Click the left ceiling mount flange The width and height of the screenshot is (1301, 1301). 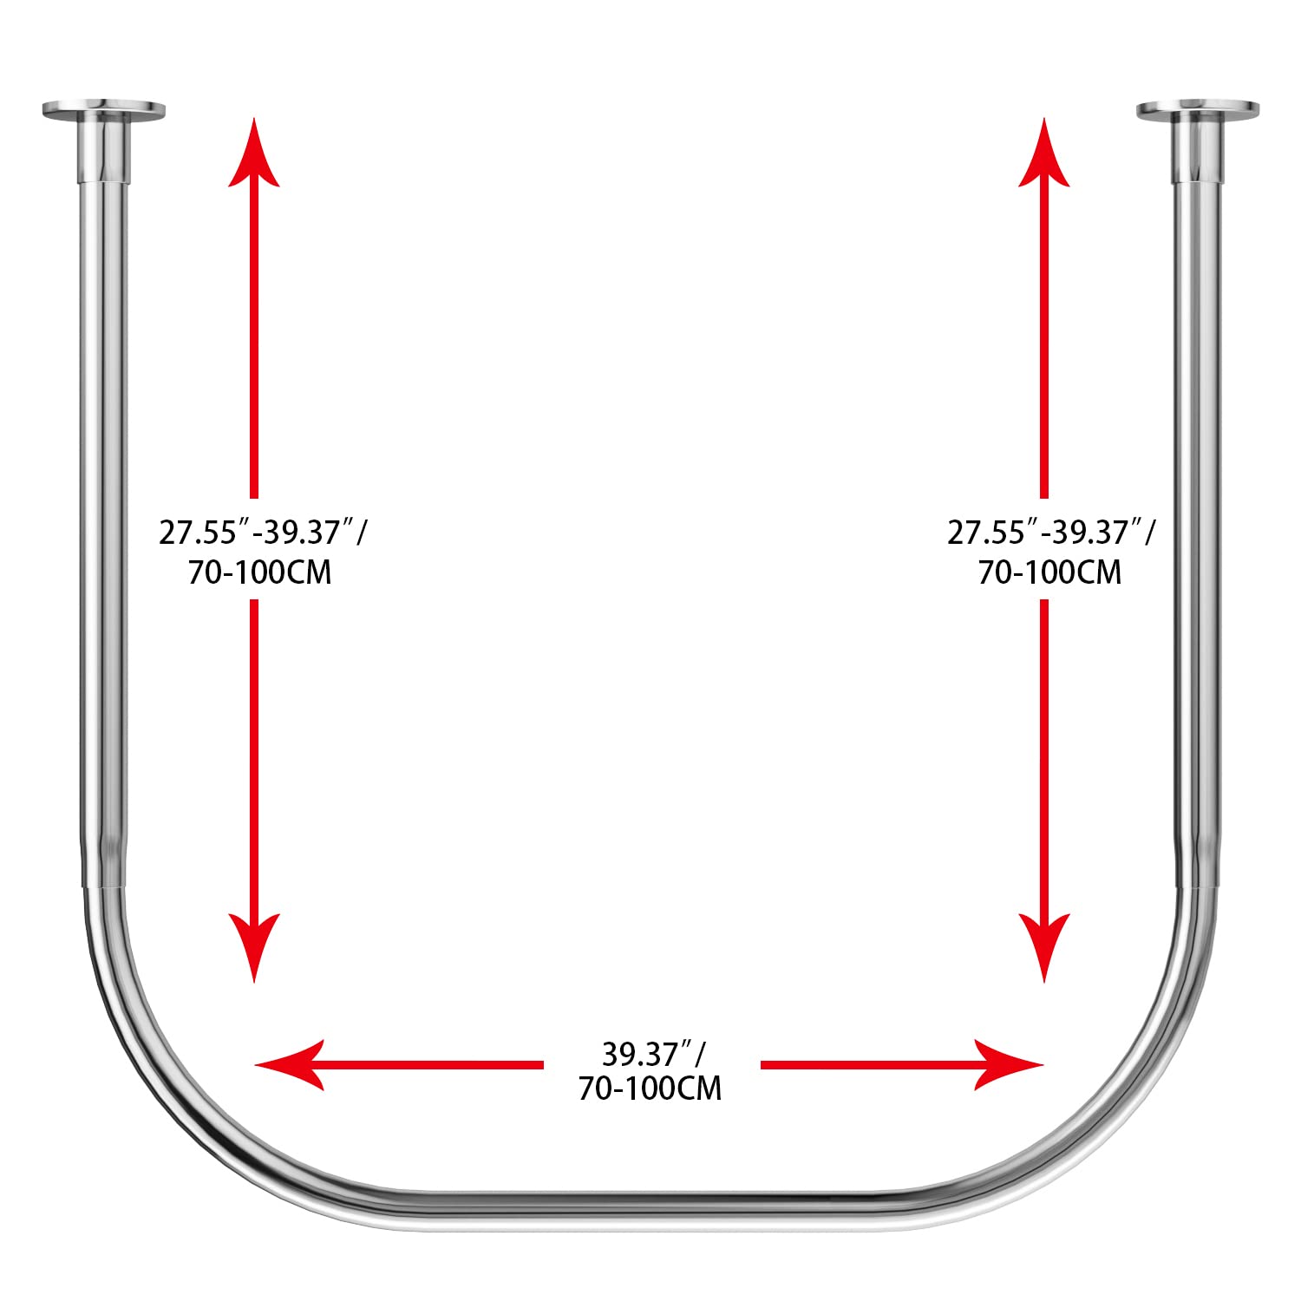point(103,110)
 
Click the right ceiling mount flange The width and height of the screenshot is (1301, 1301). point(1197,110)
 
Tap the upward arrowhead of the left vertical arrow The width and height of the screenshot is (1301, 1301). point(254,156)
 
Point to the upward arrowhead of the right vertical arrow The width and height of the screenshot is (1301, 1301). point(1043,156)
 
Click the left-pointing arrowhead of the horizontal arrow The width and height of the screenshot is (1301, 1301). point(291,1064)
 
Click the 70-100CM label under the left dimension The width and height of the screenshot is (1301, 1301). point(259,573)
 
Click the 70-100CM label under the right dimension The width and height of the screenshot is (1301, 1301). point(1049,573)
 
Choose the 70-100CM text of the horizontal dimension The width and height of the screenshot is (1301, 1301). point(650,1089)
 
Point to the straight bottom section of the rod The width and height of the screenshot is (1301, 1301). point(650,1207)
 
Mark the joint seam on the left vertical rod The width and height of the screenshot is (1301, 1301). point(103,887)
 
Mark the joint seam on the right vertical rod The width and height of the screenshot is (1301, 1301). point(1198,887)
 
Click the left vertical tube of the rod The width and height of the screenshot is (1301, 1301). point(103,520)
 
